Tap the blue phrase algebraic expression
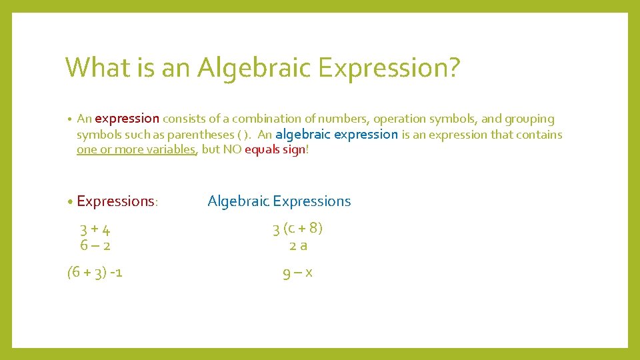click(337, 134)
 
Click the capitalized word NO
click(232, 149)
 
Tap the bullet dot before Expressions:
click(70, 201)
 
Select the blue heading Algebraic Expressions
click(279, 201)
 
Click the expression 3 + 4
click(95, 230)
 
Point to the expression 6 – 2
click(95, 245)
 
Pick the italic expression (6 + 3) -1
click(95, 272)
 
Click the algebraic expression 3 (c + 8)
click(297, 229)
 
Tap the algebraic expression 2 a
click(298, 245)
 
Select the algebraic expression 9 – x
click(298, 272)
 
